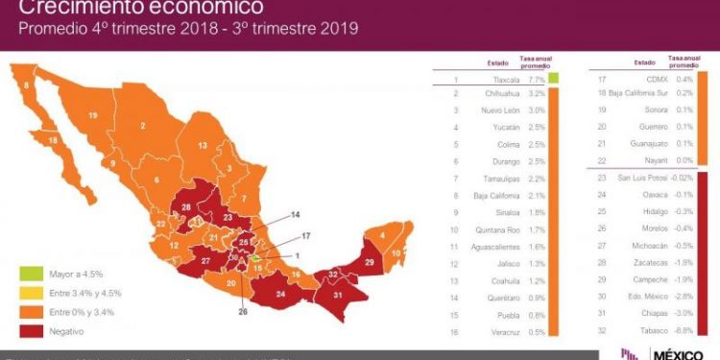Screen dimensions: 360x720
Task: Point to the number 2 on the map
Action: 142,125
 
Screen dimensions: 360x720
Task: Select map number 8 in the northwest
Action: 25,85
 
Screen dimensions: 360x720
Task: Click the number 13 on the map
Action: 203,145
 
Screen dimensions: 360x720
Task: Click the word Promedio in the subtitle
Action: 51,29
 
